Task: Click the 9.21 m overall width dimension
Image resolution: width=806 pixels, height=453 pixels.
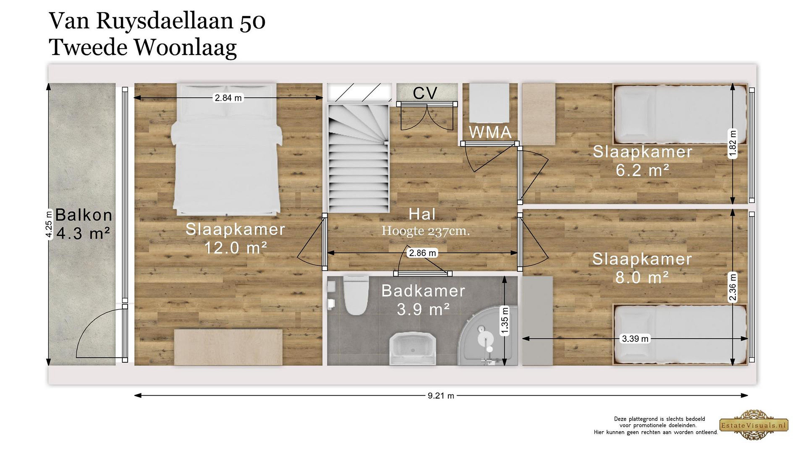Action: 441,396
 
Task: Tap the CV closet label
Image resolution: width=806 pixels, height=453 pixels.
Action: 425,93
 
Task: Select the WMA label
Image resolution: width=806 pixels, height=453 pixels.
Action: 490,132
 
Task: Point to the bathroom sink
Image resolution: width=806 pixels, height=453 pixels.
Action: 413,349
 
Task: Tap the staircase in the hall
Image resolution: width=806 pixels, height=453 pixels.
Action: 359,159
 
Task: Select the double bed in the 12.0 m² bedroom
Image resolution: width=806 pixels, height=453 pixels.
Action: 227,149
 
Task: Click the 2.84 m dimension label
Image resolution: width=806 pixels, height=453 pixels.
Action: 228,98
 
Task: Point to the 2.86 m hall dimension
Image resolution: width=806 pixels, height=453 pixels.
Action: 422,253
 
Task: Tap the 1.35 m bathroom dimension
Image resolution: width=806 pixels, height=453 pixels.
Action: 504,321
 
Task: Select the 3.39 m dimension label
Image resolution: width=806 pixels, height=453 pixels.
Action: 635,339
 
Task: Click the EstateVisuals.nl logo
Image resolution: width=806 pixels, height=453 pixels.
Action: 754,425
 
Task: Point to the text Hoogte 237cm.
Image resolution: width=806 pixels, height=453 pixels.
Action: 425,231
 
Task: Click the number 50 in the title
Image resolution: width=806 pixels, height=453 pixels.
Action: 252,22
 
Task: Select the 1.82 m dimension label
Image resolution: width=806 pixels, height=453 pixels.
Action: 732,143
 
